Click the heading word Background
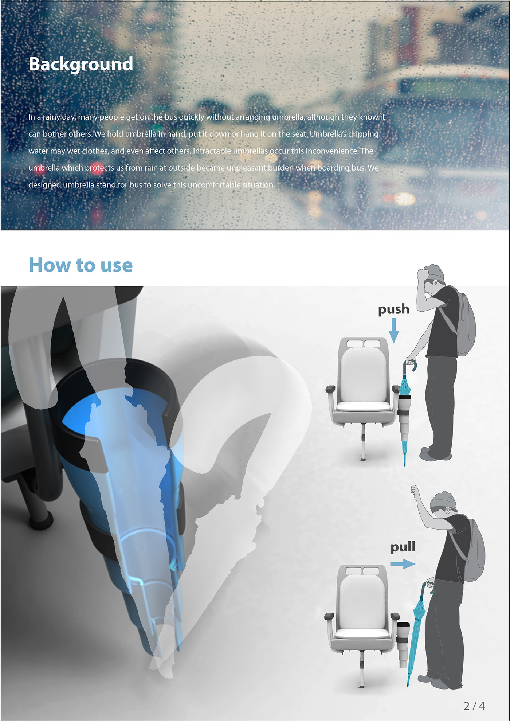[x=81, y=64]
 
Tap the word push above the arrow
[x=393, y=309]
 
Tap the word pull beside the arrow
[x=403, y=547]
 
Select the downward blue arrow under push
[x=393, y=330]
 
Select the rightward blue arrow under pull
[x=403, y=564]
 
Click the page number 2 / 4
[x=474, y=706]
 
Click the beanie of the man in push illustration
[x=435, y=273]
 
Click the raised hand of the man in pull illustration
[x=414, y=490]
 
